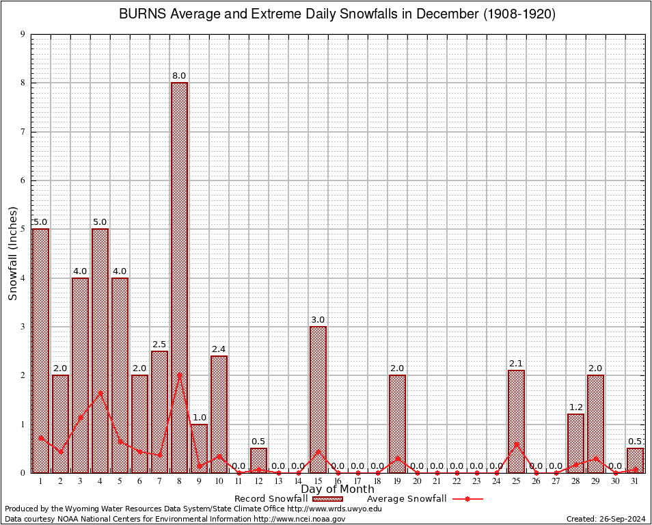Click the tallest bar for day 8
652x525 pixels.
[x=179, y=277]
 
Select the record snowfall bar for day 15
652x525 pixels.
[x=318, y=399]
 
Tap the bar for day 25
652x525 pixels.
[x=516, y=421]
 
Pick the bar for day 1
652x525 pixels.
[x=40, y=350]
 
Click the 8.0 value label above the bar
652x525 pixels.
[x=179, y=76]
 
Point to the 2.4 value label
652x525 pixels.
[x=219, y=349]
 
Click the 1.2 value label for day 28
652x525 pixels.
[x=575, y=408]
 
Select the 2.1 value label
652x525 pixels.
[x=516, y=364]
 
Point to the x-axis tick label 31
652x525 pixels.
[x=635, y=481]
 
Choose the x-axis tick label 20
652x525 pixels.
[x=417, y=481]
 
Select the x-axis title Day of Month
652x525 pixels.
[x=338, y=489]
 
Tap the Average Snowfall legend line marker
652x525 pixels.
[x=467, y=499]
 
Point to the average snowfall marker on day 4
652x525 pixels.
[x=100, y=392]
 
